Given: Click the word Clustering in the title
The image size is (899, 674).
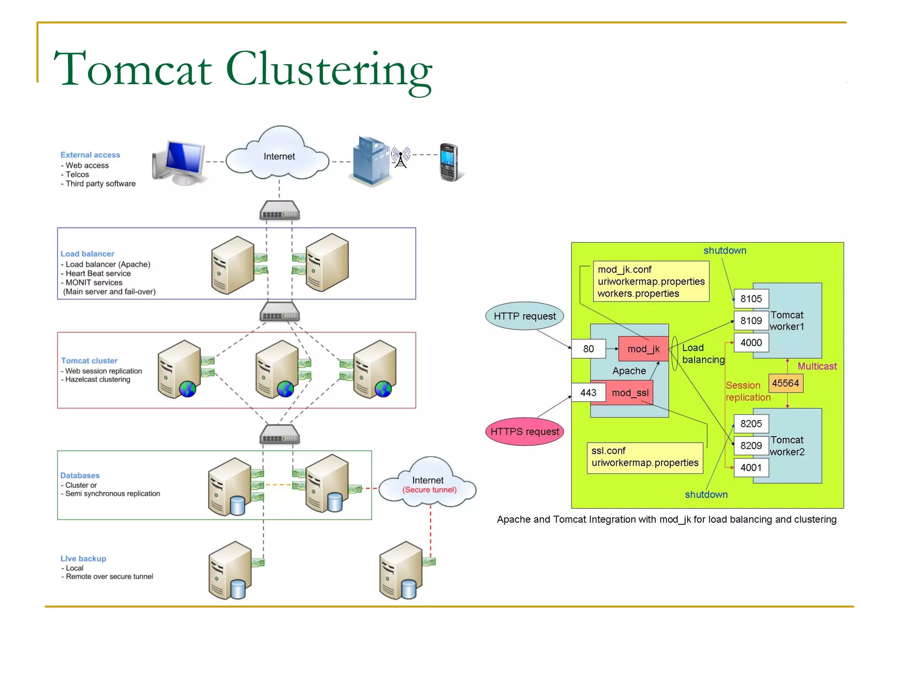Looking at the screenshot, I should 329,70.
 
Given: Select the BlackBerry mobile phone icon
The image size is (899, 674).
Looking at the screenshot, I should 449,162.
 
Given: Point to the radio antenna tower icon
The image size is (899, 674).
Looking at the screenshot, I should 400,158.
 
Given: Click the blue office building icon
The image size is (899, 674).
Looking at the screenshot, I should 370,160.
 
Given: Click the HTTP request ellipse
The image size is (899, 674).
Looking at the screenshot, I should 524,316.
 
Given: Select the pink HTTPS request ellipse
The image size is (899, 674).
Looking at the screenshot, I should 524,431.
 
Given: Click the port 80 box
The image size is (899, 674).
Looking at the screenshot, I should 588,349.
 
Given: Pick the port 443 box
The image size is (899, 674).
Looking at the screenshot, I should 588,393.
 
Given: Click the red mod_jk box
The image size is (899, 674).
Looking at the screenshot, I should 643,349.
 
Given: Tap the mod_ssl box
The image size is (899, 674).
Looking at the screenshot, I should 629,393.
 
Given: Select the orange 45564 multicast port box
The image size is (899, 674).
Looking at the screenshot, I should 785,383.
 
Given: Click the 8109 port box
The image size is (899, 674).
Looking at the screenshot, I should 751,321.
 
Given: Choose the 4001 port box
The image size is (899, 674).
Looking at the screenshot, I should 751,468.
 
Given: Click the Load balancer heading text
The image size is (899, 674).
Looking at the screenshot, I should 87,254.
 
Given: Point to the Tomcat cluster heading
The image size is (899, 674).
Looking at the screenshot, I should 89,361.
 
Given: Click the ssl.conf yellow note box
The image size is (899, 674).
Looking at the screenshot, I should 644,457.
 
